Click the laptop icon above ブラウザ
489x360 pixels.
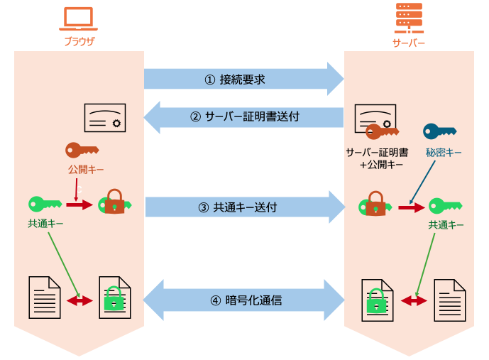point(78,18)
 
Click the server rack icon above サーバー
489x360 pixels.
point(409,18)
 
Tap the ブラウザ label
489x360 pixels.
point(79,41)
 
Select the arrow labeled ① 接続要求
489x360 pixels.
point(244,79)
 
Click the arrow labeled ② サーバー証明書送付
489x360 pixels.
point(243,117)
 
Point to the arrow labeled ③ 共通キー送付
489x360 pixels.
point(245,207)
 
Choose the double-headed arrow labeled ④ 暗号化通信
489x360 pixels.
point(244,300)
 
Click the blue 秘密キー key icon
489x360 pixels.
point(439,131)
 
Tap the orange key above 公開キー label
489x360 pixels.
point(82,151)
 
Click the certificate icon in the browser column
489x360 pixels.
point(105,118)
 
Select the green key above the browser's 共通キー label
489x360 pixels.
point(45,204)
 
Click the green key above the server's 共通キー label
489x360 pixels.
point(445,206)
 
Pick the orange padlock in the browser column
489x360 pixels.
point(114,202)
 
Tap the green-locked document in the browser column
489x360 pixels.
point(115,298)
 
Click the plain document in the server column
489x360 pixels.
point(450,300)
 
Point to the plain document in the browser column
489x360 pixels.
point(45,298)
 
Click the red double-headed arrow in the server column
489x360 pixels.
point(414,301)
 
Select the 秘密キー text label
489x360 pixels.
point(444,153)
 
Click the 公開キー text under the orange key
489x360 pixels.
point(86,170)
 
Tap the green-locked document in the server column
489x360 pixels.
point(378,300)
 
